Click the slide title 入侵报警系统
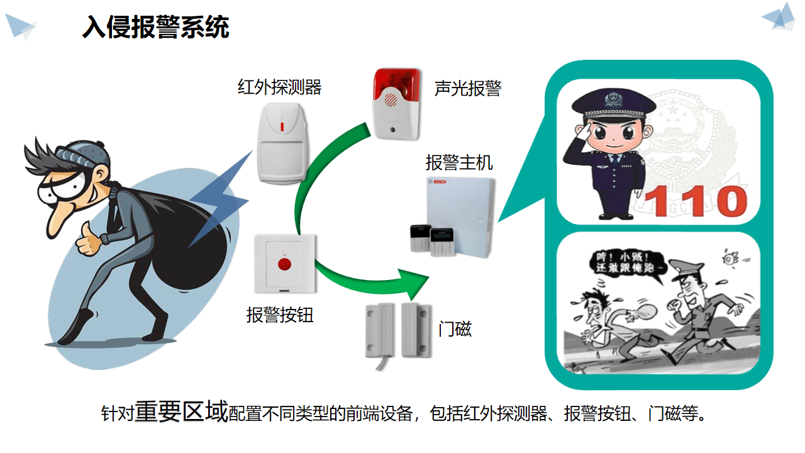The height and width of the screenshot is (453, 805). (x=155, y=28)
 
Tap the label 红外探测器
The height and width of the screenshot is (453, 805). (x=279, y=87)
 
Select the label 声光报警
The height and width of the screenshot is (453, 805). (x=467, y=88)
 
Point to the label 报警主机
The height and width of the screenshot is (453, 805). (x=459, y=163)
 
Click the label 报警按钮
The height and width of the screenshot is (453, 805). (x=279, y=314)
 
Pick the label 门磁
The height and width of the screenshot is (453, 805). (x=455, y=328)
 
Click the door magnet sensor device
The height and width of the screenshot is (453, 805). (x=397, y=330)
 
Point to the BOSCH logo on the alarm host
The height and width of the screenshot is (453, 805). (x=440, y=182)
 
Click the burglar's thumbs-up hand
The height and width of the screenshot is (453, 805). (x=92, y=240)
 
